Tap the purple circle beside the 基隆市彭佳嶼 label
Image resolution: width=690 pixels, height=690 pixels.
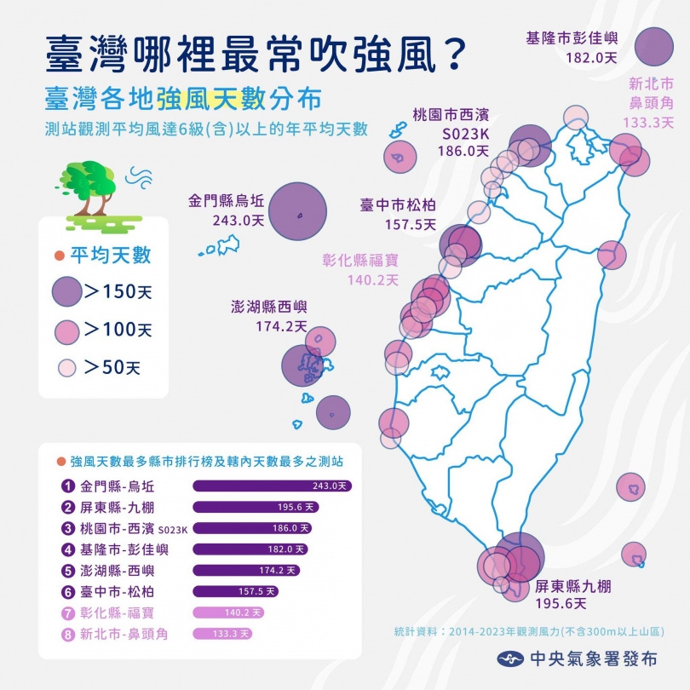coord(654,47)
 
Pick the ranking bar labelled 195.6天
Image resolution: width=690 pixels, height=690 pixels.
coord(256,507)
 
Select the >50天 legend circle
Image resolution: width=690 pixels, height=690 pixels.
coord(66,367)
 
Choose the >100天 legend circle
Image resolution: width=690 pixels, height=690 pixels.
coord(66,330)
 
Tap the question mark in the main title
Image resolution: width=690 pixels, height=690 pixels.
coord(452,55)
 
